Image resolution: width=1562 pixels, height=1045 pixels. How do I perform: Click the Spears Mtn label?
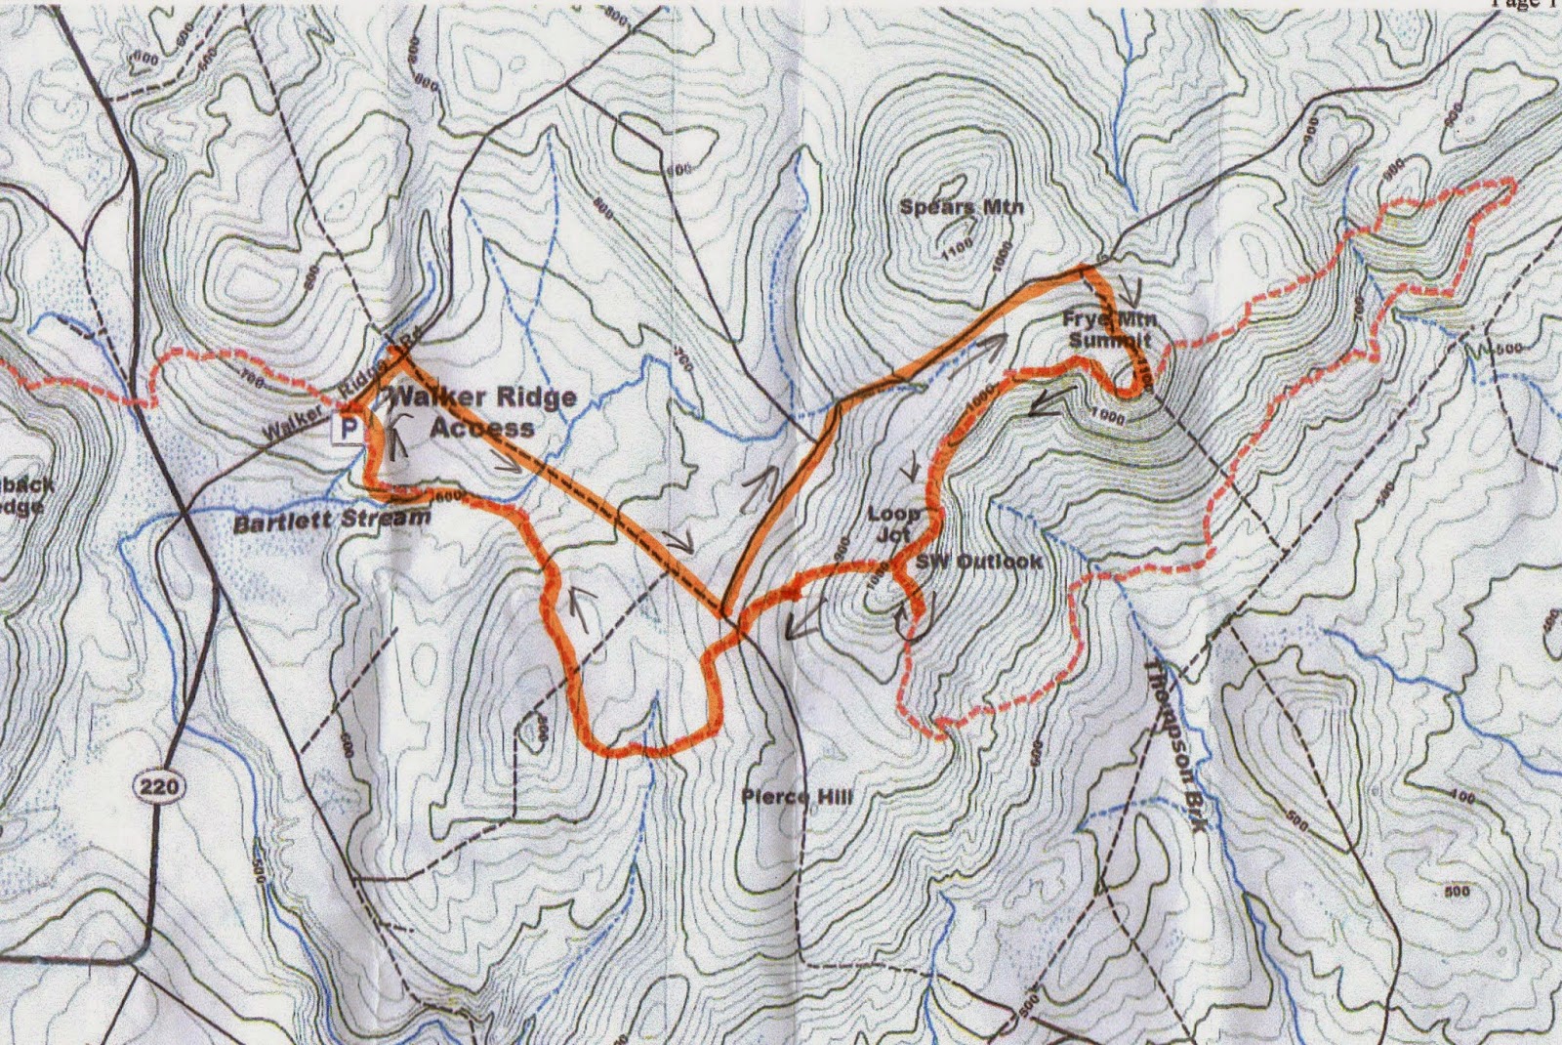962,207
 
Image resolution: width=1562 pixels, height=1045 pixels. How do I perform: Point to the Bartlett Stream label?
332,520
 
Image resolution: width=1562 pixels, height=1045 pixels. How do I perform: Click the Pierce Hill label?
797,797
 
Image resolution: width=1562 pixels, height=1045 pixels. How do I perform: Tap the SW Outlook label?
979,562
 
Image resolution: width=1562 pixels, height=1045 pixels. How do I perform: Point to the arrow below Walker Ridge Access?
508,463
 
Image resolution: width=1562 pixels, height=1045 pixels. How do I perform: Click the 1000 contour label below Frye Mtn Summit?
1109,418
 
